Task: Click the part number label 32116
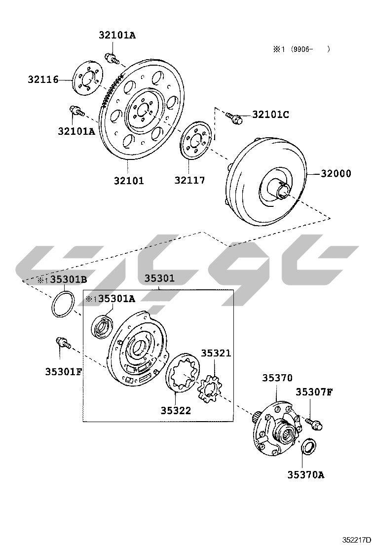tap(43, 79)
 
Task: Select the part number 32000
tap(336, 173)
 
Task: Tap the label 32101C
tap(270, 115)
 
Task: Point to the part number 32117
tap(189, 180)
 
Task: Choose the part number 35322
tap(176, 410)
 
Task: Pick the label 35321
tap(216, 353)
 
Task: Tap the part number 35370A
tap(306, 474)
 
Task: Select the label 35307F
tap(314, 392)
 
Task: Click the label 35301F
tap(63, 371)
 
